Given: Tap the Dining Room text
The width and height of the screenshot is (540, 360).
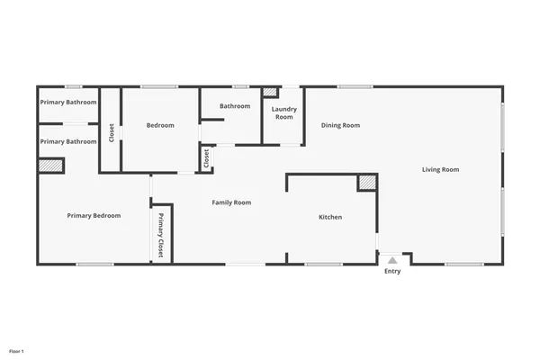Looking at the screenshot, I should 340,125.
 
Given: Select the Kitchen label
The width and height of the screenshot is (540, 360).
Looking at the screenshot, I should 330,217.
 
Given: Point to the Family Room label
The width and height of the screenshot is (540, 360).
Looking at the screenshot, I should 231,202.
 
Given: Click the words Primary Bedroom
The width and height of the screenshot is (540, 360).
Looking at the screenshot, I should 94,215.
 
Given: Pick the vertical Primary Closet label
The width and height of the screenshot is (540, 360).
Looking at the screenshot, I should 161,236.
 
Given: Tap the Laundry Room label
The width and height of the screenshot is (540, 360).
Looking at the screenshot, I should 283,112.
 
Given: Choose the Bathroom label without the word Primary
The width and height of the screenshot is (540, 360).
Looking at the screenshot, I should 235,106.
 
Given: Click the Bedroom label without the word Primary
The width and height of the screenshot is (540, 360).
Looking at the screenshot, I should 160,125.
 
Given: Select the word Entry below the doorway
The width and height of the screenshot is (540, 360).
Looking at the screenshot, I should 392,271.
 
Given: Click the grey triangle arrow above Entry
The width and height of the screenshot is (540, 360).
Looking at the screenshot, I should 392,260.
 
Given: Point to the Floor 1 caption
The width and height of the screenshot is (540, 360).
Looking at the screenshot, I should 16,350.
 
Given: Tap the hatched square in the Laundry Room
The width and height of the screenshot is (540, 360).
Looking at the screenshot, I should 270,93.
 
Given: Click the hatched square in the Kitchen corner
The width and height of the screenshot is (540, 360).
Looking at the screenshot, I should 366,183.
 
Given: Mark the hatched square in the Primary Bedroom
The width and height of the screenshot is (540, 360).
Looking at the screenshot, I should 50,166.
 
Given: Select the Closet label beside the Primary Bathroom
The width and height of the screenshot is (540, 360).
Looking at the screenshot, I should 112,132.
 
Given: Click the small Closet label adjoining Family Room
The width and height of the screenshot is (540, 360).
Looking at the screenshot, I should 206,158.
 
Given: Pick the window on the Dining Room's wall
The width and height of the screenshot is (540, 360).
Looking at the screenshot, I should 355,86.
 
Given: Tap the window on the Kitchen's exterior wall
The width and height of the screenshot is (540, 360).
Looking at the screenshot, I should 323,264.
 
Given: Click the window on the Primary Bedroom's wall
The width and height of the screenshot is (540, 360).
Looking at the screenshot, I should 94,264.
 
